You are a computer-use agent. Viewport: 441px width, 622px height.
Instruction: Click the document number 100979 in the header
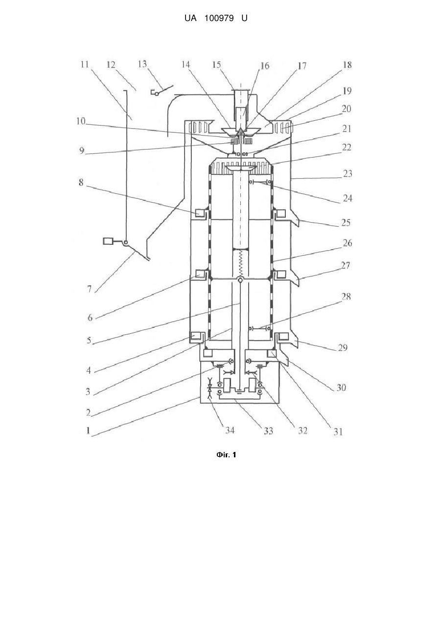(219, 19)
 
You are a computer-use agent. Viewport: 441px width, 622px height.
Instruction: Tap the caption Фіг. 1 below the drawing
(226, 454)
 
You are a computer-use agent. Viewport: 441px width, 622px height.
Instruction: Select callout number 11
(85, 64)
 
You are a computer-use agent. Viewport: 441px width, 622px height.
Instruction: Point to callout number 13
(142, 64)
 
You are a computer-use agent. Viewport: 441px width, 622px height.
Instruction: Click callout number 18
(347, 65)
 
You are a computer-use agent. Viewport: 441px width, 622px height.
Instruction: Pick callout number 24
(348, 198)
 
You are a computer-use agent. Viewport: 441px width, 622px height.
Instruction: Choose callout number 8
(81, 182)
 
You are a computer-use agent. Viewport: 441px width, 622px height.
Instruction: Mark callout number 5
(89, 341)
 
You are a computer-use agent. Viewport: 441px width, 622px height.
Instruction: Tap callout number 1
(88, 430)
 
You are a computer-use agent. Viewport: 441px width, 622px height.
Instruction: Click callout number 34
(230, 430)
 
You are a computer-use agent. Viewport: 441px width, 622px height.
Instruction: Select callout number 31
(338, 431)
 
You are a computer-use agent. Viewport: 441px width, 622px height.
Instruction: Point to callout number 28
(346, 297)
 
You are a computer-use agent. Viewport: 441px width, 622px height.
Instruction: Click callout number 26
(347, 243)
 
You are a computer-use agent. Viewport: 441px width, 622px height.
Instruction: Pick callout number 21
(347, 129)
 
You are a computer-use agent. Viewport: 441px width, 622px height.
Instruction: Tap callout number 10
(81, 121)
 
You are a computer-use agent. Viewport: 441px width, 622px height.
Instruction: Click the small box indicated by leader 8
(199, 213)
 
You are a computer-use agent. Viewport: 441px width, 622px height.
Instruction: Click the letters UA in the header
(190, 19)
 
